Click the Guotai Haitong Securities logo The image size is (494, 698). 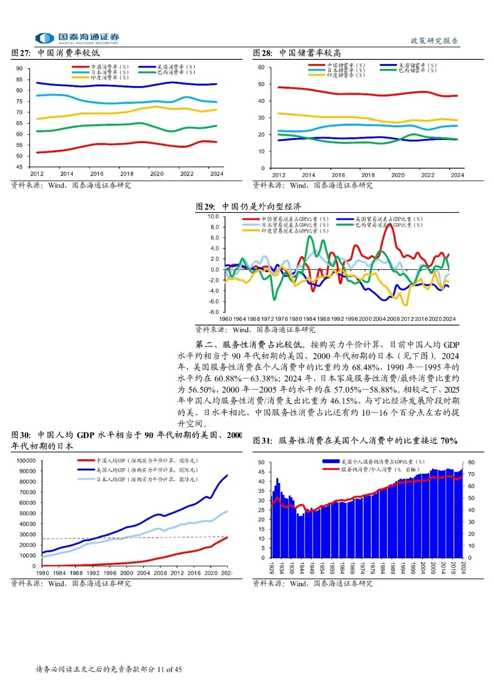point(77,38)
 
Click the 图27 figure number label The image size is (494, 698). point(21,53)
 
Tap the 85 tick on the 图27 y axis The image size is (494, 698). point(19,80)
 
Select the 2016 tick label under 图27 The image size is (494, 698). point(97,174)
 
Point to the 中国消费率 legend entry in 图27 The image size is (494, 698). point(109,67)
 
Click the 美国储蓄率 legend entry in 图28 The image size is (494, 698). point(417,65)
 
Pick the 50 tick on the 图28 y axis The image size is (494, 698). point(261,84)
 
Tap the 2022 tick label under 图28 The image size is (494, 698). point(428,175)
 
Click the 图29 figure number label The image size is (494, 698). point(205,207)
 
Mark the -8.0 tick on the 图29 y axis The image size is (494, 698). point(213,312)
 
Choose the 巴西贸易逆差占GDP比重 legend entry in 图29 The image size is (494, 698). point(389,225)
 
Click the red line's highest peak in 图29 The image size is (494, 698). point(388,224)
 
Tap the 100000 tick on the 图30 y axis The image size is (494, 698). point(26,460)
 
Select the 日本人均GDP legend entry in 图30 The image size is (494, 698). point(146,479)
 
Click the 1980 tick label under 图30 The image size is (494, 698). point(43,573)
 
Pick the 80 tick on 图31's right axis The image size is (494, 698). point(471,463)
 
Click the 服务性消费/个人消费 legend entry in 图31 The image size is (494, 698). point(379,469)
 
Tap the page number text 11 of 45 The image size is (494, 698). point(169,670)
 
